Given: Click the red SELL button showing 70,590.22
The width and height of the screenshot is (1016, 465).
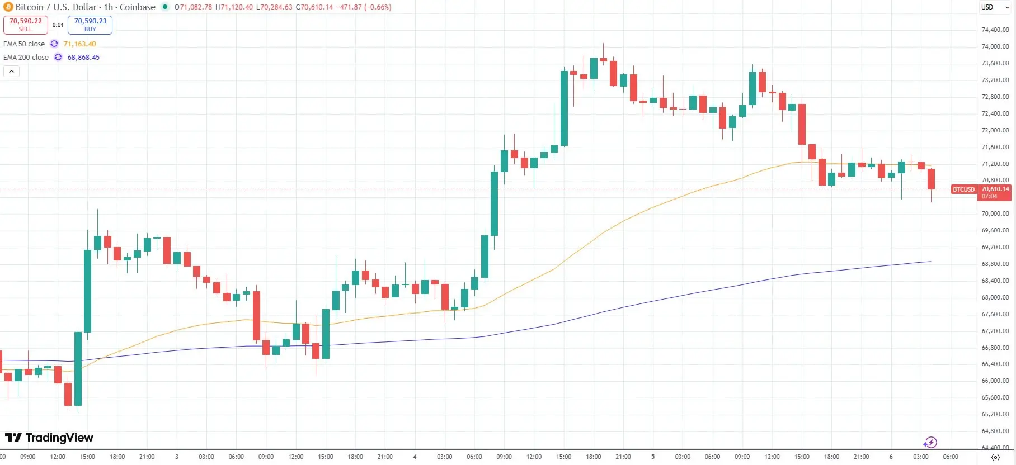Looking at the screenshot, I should [x=26, y=25].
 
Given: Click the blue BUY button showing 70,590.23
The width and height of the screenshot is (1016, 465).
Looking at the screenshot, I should [x=90, y=25].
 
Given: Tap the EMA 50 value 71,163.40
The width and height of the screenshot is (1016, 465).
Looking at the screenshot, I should [x=79, y=44].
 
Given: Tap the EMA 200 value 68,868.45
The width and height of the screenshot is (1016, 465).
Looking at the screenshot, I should [x=83, y=57].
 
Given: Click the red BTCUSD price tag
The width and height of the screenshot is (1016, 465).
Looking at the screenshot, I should [x=963, y=189].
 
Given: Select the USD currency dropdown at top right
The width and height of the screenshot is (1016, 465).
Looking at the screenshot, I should [x=994, y=7].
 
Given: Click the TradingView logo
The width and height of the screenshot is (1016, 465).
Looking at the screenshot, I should [x=49, y=438].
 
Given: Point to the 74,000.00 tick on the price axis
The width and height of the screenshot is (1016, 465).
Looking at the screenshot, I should [x=995, y=46].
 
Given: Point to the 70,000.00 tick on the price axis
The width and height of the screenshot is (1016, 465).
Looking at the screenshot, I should [x=995, y=213].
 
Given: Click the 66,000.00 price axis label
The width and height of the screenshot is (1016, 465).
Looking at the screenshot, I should [x=995, y=381].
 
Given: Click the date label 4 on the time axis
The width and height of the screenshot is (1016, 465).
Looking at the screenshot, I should [x=415, y=457].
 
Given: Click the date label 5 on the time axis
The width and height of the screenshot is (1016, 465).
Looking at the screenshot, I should [x=652, y=457].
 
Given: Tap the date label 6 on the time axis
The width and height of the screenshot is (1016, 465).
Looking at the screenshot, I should [x=891, y=457].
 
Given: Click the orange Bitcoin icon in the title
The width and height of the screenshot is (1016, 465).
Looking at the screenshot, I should [x=8, y=7].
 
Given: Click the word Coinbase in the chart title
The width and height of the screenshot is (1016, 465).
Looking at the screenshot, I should [x=138, y=7].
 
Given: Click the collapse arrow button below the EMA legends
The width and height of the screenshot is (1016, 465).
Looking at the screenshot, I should [x=11, y=71].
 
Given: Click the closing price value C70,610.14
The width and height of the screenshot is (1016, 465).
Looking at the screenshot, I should [x=314, y=7].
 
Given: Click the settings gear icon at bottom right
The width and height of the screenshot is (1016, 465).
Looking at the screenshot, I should [x=995, y=457].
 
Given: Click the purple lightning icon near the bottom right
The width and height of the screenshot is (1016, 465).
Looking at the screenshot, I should [x=930, y=443].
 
